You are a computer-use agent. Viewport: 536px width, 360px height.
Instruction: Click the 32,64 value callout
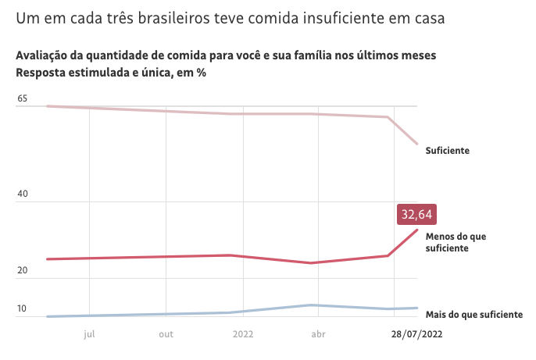tap(416, 214)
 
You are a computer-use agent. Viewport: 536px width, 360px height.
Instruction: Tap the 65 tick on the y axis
tap(22, 99)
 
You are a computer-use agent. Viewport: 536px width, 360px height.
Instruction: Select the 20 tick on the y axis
tap(22, 271)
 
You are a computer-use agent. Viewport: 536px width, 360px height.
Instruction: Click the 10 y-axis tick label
tap(22, 309)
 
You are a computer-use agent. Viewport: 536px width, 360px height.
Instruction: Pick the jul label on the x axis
tap(89, 333)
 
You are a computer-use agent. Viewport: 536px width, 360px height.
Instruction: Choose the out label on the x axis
tap(166, 333)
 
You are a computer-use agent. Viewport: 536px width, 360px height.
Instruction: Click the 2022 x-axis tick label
tap(242, 333)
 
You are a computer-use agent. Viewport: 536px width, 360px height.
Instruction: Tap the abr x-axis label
tap(318, 333)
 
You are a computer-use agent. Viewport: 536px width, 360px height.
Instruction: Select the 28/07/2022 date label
tap(416, 333)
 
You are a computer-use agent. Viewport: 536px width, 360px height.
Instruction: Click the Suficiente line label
tap(447, 150)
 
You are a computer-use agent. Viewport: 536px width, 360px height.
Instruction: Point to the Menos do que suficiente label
tap(457, 242)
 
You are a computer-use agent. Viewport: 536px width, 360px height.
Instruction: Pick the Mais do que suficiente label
tap(473, 315)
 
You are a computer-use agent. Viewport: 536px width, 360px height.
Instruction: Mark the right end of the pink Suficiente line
tap(418, 144)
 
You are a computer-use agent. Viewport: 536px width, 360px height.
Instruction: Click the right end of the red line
tap(418, 230)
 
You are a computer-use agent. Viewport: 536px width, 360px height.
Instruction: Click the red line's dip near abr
tap(312, 263)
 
